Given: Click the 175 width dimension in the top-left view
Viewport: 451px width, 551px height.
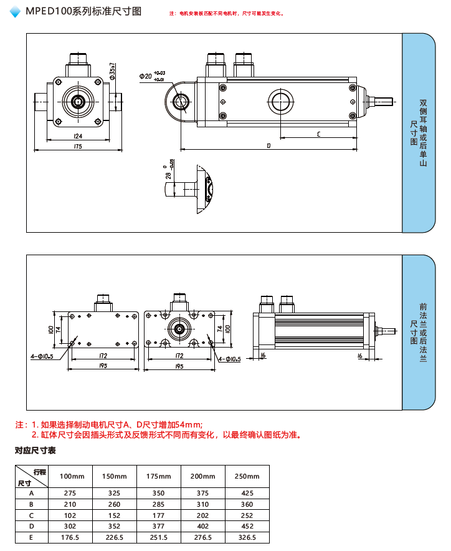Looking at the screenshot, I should pyautogui.click(x=77, y=146).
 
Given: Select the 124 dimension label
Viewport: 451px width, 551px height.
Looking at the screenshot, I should pyautogui.click(x=78, y=135).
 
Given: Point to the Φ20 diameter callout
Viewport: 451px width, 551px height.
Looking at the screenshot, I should pyautogui.click(x=146, y=76).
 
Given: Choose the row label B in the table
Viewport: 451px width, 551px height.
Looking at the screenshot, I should pyautogui.click(x=31, y=504).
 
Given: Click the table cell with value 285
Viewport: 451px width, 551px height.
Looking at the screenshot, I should pyautogui.click(x=159, y=504).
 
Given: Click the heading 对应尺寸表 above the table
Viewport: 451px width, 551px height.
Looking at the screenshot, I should pyautogui.click(x=36, y=450).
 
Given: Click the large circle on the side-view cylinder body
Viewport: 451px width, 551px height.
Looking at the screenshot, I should pyautogui.click(x=280, y=101).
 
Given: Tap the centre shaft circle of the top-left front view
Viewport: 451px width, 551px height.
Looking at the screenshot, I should pyautogui.click(x=78, y=101).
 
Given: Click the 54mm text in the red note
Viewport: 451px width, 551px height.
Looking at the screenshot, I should pyautogui.click(x=182, y=424).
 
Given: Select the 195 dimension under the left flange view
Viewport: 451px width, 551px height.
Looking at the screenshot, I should pyautogui.click(x=104, y=366).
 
